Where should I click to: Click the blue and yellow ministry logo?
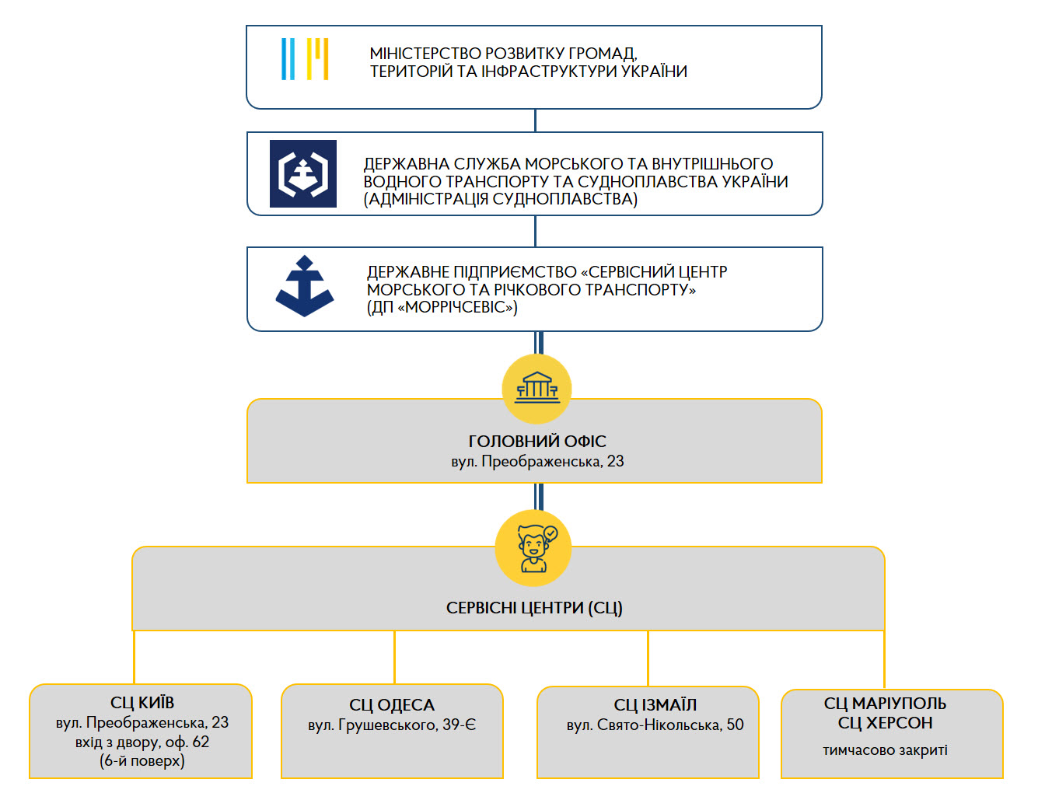pyautogui.click(x=305, y=59)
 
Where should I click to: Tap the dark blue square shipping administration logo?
pyautogui.click(x=303, y=173)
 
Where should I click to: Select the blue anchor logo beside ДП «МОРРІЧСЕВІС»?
pyautogui.click(x=304, y=285)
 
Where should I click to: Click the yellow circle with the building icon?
pyautogui.click(x=536, y=389)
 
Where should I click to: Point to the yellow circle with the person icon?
pyautogui.click(x=533, y=547)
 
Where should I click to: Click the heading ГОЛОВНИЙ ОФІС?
pyautogui.click(x=537, y=442)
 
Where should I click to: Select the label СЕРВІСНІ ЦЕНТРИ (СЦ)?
pyautogui.click(x=534, y=608)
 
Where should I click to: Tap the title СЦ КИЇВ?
pyautogui.click(x=142, y=702)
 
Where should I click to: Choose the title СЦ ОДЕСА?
pyautogui.click(x=392, y=705)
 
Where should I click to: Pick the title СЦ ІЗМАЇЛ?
pyautogui.click(x=655, y=704)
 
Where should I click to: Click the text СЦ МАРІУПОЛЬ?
pyautogui.click(x=885, y=704)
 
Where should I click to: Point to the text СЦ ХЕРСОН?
pyautogui.click(x=885, y=723)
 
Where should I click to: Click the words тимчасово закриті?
pyautogui.click(x=885, y=750)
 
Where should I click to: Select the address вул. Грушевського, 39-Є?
pyautogui.click(x=392, y=725)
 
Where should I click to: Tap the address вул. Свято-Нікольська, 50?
pyautogui.click(x=655, y=725)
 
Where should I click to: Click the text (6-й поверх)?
pyautogui.click(x=142, y=760)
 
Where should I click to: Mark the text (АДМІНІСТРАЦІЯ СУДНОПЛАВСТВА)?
pyautogui.click(x=500, y=199)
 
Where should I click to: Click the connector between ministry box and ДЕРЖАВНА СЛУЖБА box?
pyautogui.click(x=535, y=121)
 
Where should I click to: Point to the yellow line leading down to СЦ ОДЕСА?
pyautogui.click(x=394, y=657)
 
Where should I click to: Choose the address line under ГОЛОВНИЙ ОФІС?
pyautogui.click(x=537, y=461)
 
